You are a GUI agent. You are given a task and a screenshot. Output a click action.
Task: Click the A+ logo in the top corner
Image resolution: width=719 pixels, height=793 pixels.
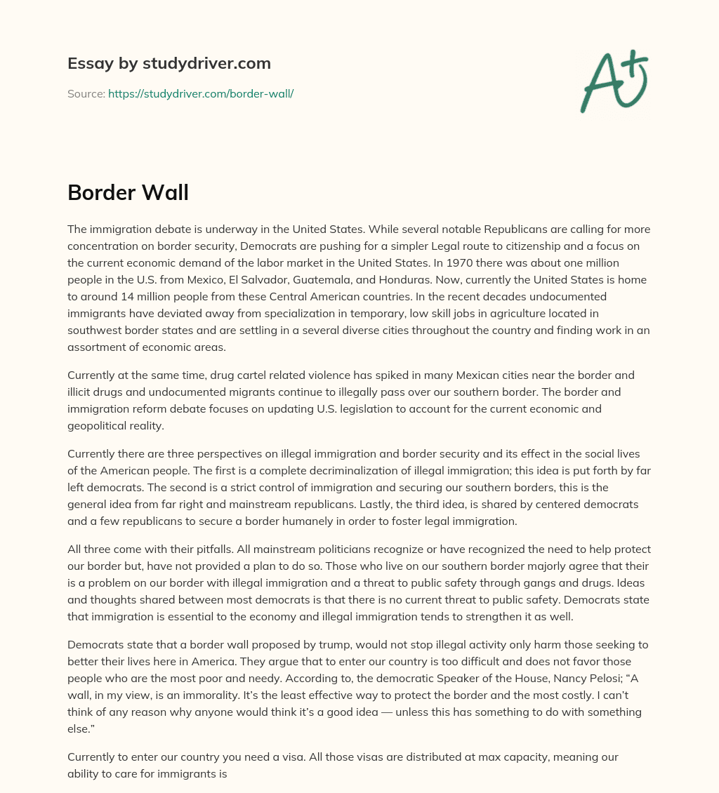pyautogui.click(x=614, y=81)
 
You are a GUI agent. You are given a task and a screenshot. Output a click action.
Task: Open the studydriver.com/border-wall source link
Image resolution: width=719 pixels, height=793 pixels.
pyautogui.click(x=201, y=93)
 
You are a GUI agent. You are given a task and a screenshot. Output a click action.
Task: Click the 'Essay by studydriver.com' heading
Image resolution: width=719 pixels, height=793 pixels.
pyautogui.click(x=169, y=63)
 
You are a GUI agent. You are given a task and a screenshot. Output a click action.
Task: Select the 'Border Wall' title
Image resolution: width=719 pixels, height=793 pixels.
pyautogui.click(x=128, y=192)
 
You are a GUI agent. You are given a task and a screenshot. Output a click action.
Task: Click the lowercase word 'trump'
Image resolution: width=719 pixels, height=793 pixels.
pyautogui.click(x=312, y=645)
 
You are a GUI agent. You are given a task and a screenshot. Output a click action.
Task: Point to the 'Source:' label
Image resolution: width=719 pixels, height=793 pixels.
pyautogui.click(x=86, y=93)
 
